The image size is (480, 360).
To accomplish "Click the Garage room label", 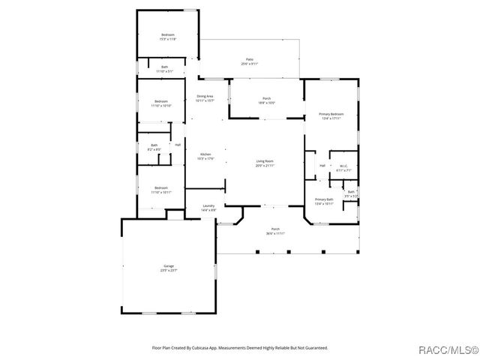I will pyautogui.click(x=169, y=267).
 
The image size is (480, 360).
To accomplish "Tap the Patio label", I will pyautogui.click(x=249, y=61).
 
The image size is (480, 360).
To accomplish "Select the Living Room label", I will pyautogui.click(x=265, y=163).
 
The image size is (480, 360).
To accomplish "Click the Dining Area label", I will pyautogui.click(x=205, y=97).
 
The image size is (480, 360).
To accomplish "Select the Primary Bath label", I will pyautogui.click(x=324, y=201).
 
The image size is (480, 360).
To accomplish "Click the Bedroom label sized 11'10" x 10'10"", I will pyautogui.click(x=161, y=103).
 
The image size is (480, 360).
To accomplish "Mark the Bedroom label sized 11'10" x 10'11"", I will pyautogui.click(x=161, y=190).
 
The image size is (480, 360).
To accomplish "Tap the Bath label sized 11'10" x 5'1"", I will pyautogui.click(x=164, y=69).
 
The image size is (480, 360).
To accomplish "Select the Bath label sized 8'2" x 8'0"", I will pyautogui.click(x=154, y=147).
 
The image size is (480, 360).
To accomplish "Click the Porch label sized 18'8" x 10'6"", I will pyautogui.click(x=266, y=100).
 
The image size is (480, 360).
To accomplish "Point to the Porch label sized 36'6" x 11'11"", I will pyautogui.click(x=275, y=231).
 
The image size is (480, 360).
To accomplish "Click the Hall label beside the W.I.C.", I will pyautogui.click(x=322, y=166).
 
